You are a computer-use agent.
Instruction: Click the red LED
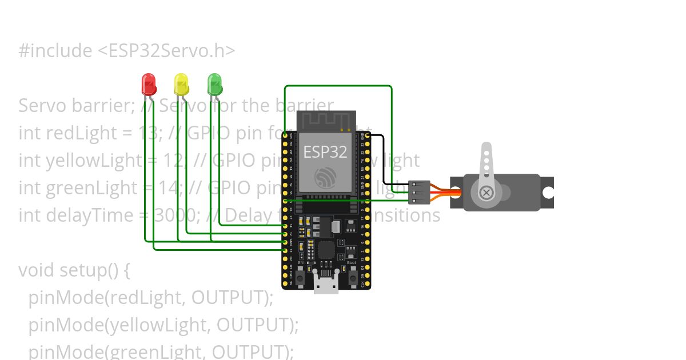[148, 84]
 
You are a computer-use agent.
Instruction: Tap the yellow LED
[181, 84]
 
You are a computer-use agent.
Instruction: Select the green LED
[214, 84]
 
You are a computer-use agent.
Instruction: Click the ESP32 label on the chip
[325, 152]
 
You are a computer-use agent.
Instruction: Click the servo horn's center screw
[486, 193]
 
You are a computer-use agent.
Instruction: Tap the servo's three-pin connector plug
[420, 193]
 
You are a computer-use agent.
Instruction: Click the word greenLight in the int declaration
[90, 188]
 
